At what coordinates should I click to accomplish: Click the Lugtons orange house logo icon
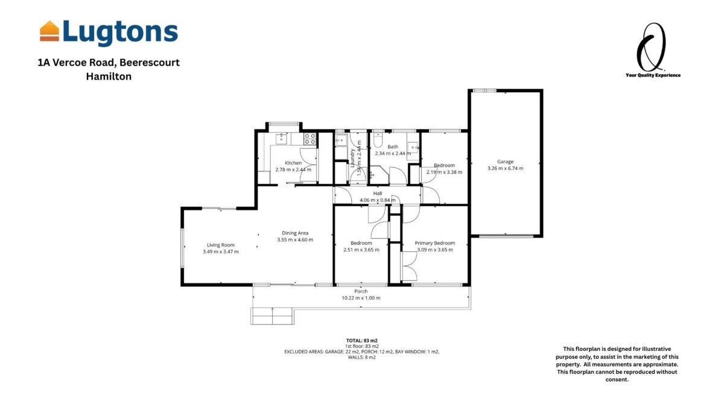pos(49,31)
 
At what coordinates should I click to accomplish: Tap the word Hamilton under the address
pos(109,77)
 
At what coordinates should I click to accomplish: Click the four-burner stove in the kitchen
pos(310,139)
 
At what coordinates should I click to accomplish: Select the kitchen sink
pos(281,139)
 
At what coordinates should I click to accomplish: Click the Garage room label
pos(505,162)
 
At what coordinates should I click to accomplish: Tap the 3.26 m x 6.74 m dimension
pos(505,168)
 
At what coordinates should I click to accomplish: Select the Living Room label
pos(221,245)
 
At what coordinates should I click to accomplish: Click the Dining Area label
pos(295,233)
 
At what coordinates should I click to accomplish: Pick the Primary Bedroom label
pos(435,243)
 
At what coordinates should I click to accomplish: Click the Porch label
pos(361,291)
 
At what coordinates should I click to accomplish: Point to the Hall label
pos(378,194)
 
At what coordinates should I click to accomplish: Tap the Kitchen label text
pos(293,163)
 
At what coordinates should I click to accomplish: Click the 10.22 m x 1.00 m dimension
pos(361,298)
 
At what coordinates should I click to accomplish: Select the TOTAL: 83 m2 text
pos(361,341)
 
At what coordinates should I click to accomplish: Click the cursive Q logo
pos(650,47)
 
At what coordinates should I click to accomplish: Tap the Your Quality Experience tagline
pos(653,75)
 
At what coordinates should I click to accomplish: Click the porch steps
pos(272,316)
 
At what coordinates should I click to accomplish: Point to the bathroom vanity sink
pos(413,147)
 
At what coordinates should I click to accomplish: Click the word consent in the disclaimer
pos(617,379)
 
